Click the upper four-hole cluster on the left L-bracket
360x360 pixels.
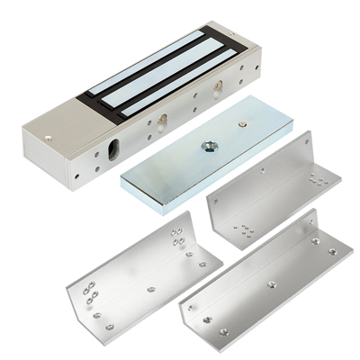178,238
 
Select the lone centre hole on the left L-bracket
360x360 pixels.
150,289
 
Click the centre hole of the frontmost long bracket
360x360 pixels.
272,284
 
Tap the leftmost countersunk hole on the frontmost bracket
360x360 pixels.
208,319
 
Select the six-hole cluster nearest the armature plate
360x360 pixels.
243,230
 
